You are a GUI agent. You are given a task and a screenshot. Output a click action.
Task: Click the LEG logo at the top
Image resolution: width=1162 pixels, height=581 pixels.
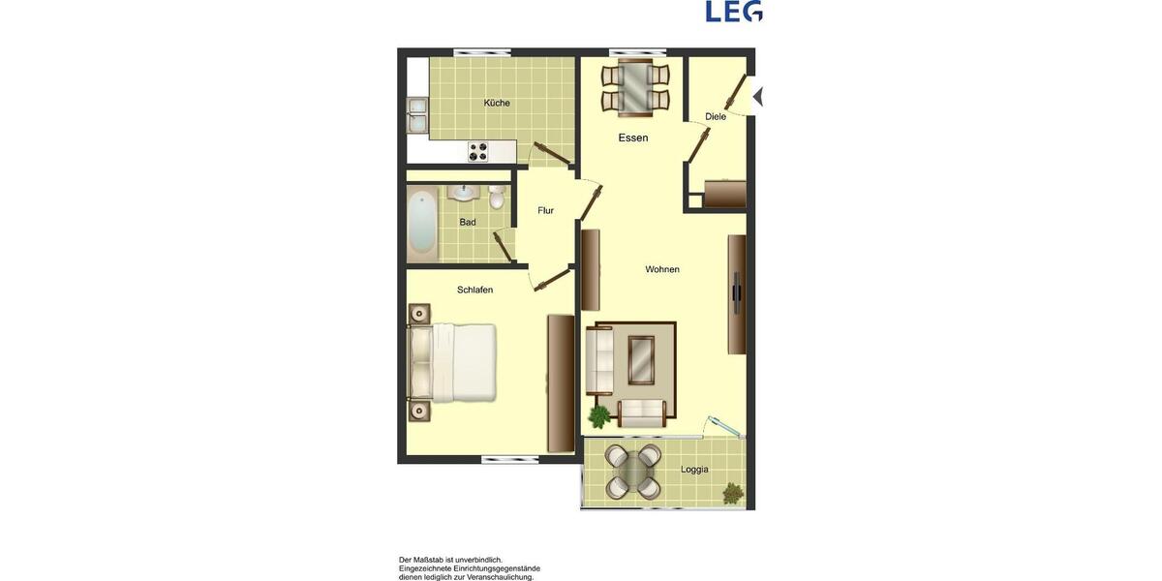point(734,12)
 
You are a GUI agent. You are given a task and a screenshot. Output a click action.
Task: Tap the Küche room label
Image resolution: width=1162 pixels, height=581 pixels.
point(497,103)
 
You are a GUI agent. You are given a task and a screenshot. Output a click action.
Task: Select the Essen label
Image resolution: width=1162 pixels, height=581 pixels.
point(633,138)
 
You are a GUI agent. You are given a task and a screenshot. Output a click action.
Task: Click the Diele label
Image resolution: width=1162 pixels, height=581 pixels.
point(716,116)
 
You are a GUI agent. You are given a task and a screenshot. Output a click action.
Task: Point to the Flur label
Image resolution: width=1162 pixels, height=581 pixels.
point(545,210)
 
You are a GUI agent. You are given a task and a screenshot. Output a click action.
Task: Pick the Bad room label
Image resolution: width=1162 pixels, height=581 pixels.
point(468,222)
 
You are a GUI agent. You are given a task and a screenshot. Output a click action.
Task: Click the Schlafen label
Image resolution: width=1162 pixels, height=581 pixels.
point(475,290)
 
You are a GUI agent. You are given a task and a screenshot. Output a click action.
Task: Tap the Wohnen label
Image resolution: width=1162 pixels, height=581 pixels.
point(662,269)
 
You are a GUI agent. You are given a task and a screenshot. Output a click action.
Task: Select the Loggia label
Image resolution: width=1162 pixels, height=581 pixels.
point(694,470)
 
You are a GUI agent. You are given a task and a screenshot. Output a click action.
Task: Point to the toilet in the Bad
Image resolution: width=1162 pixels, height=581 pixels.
point(497,199)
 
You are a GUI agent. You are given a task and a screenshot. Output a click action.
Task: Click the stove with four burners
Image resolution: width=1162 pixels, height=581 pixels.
point(479,151)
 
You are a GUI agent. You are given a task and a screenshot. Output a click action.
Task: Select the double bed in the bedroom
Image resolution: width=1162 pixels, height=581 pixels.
point(452,363)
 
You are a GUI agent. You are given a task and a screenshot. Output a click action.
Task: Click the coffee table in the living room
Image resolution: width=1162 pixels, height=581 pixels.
point(641,359)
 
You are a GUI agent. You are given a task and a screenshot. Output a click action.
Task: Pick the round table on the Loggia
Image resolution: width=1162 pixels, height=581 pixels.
point(634,472)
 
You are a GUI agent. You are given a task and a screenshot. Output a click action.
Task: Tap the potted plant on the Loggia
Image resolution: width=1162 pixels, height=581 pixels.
point(733,494)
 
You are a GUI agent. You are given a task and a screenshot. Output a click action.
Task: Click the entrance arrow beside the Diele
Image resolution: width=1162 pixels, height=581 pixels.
point(758,97)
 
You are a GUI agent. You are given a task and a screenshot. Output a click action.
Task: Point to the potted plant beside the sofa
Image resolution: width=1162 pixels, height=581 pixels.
point(599,416)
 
